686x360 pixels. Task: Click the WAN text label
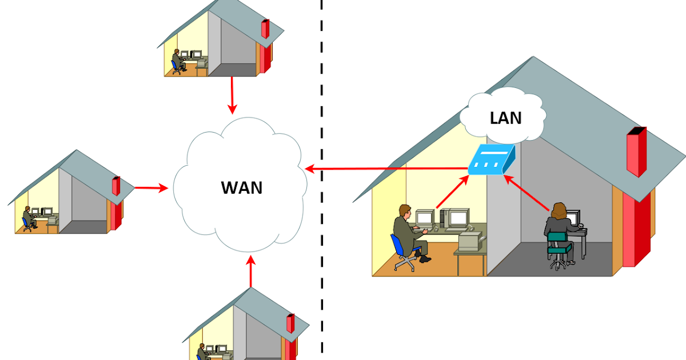242,187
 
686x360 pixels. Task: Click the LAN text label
506,118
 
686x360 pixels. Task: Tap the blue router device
490,161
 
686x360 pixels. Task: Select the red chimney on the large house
636,151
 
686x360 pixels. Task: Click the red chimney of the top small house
265,29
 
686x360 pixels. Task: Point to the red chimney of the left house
115,186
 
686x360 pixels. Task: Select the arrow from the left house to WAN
150,187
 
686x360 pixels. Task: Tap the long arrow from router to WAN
389,169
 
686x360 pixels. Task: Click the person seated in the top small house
177,59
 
